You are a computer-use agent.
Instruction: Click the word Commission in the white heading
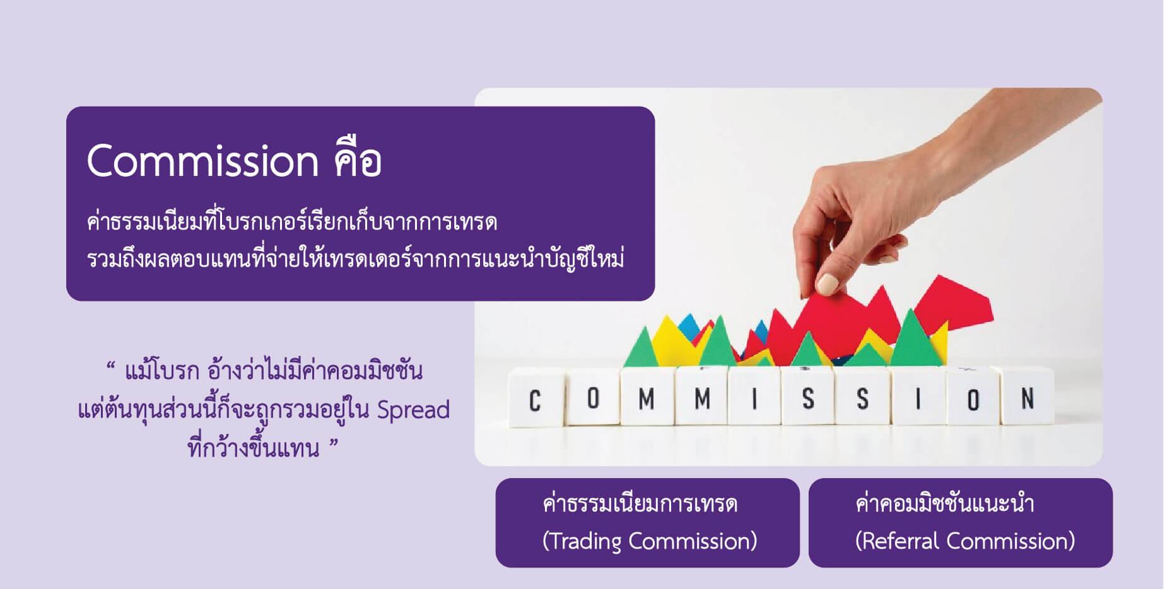(202, 161)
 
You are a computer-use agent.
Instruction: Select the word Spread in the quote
(413, 411)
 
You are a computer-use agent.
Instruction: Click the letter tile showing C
(536, 399)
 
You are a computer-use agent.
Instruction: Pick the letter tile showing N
(1027, 397)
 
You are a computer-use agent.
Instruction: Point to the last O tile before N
(973, 399)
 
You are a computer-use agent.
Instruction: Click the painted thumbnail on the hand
(828, 284)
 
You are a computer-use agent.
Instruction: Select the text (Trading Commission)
(650, 541)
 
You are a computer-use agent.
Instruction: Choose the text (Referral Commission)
(965, 541)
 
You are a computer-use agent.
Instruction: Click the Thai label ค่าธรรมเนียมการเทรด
(640, 504)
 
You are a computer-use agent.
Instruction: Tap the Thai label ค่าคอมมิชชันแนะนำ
(944, 504)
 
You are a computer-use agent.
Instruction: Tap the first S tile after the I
(808, 399)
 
